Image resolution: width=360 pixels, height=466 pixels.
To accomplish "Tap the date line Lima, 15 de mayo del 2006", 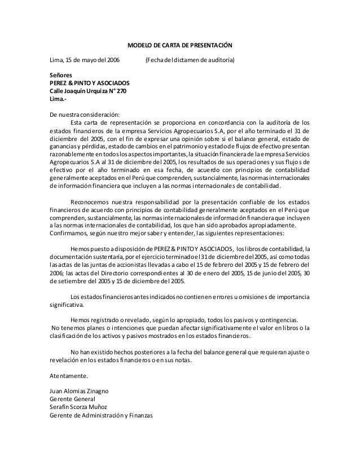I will pos(81,60).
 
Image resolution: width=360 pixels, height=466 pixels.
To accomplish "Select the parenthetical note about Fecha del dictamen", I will pos(190,60).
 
